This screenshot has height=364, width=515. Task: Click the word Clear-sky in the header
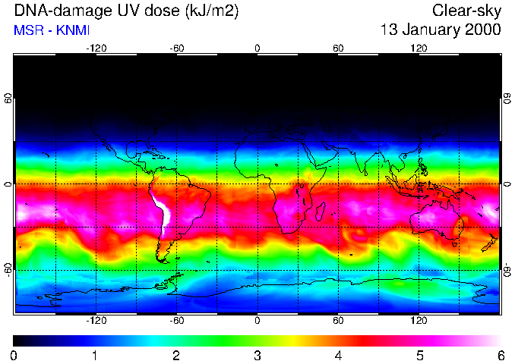coord(466,11)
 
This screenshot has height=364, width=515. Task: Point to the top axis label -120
coord(96,48)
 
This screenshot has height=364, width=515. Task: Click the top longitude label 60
coord(338,48)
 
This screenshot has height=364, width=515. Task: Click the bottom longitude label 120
coord(419,321)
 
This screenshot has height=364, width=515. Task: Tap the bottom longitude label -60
coord(176,321)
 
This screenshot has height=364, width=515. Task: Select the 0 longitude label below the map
coord(257,321)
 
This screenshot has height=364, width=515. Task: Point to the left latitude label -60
coord(8,270)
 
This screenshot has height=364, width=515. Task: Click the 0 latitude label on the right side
coord(507,184)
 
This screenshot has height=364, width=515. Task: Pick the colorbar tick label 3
coord(257,355)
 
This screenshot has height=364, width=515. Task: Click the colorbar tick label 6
coord(500,355)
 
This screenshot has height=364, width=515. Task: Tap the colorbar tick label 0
coord(14,355)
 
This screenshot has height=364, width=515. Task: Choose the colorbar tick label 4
coord(338,355)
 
